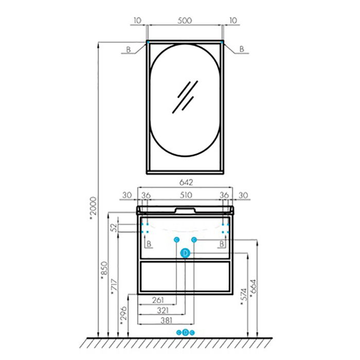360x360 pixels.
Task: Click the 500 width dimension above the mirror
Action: click(185, 21)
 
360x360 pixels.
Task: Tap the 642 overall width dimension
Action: click(186, 183)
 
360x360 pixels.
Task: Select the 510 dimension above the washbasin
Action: click(186, 195)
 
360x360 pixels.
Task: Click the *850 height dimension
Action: click(104, 271)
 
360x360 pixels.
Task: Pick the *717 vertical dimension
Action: click(114, 287)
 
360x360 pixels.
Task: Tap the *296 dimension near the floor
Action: click(123, 316)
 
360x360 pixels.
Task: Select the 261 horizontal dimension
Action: click(158, 300)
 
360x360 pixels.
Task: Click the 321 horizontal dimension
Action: click(163, 311)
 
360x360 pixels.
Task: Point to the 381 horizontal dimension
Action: click(166, 320)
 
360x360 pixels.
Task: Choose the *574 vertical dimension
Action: click(244, 298)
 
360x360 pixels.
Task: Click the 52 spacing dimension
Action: click(114, 227)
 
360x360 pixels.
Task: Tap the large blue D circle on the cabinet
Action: click(185, 253)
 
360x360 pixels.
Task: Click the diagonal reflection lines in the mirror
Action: click(185, 97)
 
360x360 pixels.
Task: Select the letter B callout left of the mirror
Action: click(129, 49)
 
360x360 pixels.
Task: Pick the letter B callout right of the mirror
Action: click(242, 49)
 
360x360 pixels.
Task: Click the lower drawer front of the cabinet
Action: click(185, 277)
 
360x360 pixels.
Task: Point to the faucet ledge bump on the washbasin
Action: click(185, 210)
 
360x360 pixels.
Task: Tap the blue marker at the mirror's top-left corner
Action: click(148, 42)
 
